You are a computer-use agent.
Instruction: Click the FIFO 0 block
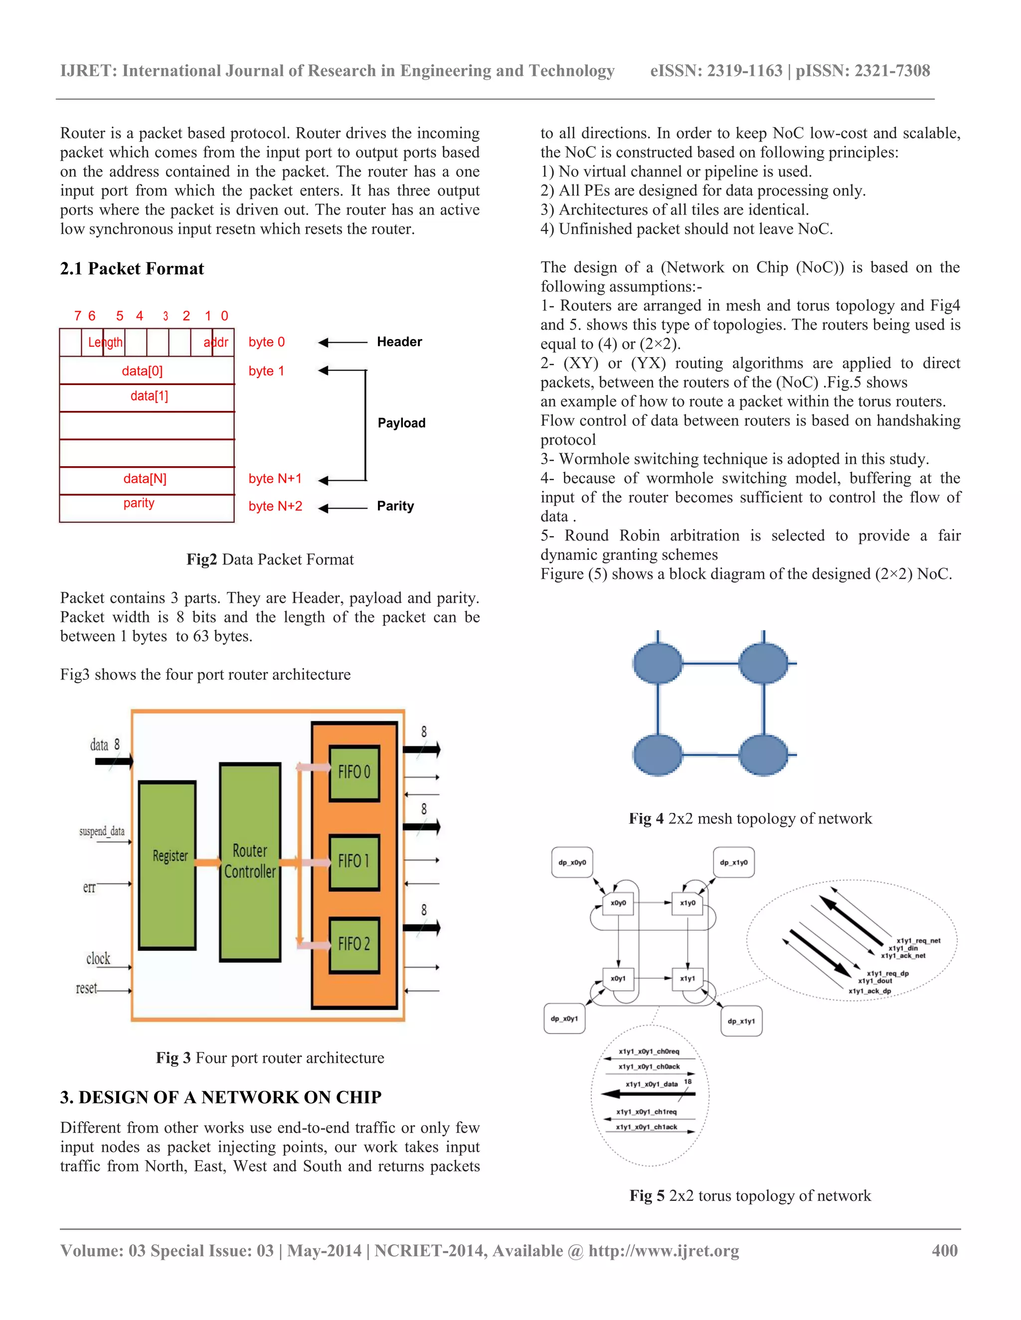point(354,773)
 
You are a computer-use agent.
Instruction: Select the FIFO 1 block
point(354,862)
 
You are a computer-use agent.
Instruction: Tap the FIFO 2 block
point(354,944)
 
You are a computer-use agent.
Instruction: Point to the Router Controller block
point(250,862)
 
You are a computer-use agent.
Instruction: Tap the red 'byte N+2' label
point(275,507)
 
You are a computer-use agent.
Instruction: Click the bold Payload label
point(401,423)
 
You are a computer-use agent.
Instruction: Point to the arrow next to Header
point(342,343)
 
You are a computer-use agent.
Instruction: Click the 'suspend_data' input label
point(102,832)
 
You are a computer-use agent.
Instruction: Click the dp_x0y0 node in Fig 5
point(572,862)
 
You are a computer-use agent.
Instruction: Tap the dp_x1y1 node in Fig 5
point(741,1022)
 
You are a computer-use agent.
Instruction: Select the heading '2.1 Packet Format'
point(132,269)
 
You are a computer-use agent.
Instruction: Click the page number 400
point(944,1251)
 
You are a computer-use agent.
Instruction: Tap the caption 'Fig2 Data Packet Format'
point(270,560)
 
